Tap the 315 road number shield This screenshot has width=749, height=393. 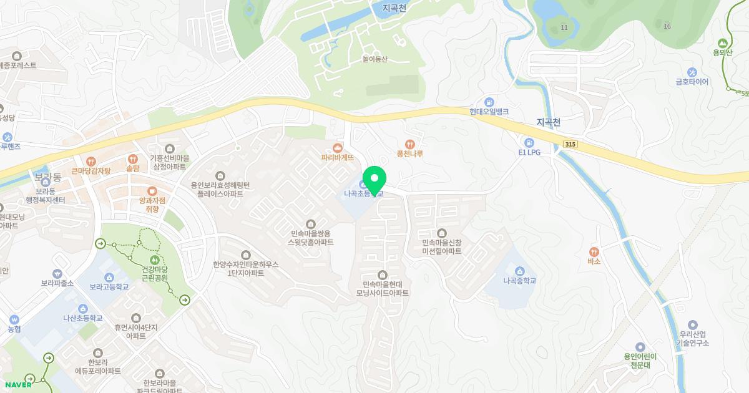tap(569, 144)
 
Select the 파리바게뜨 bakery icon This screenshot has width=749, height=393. tap(338, 148)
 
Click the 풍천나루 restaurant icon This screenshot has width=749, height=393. tap(410, 143)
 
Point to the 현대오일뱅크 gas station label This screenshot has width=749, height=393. tap(489, 112)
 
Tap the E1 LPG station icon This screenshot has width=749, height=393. tap(529, 142)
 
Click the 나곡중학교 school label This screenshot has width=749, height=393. tap(520, 281)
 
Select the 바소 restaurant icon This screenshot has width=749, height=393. tap(594, 251)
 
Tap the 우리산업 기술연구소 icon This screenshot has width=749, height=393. tap(693, 325)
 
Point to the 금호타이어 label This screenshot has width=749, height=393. tap(692, 82)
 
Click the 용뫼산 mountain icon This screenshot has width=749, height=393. tap(723, 42)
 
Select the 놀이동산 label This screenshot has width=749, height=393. tap(374, 60)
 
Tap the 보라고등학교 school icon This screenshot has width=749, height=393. tap(109, 277)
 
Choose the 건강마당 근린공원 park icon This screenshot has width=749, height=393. tap(154, 259)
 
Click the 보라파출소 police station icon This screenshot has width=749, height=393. tap(57, 273)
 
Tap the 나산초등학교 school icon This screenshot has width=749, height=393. tap(82, 308)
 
